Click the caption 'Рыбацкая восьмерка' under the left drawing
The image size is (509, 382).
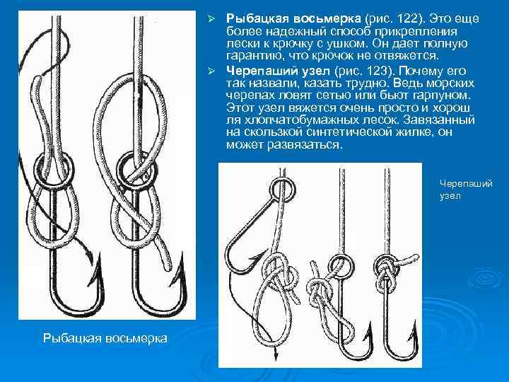[x=105, y=338]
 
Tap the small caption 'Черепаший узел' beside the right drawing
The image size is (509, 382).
[x=466, y=190]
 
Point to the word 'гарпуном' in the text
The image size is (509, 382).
[x=441, y=95]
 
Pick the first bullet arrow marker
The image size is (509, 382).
[x=211, y=19]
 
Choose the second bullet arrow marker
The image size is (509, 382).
[x=211, y=71]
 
